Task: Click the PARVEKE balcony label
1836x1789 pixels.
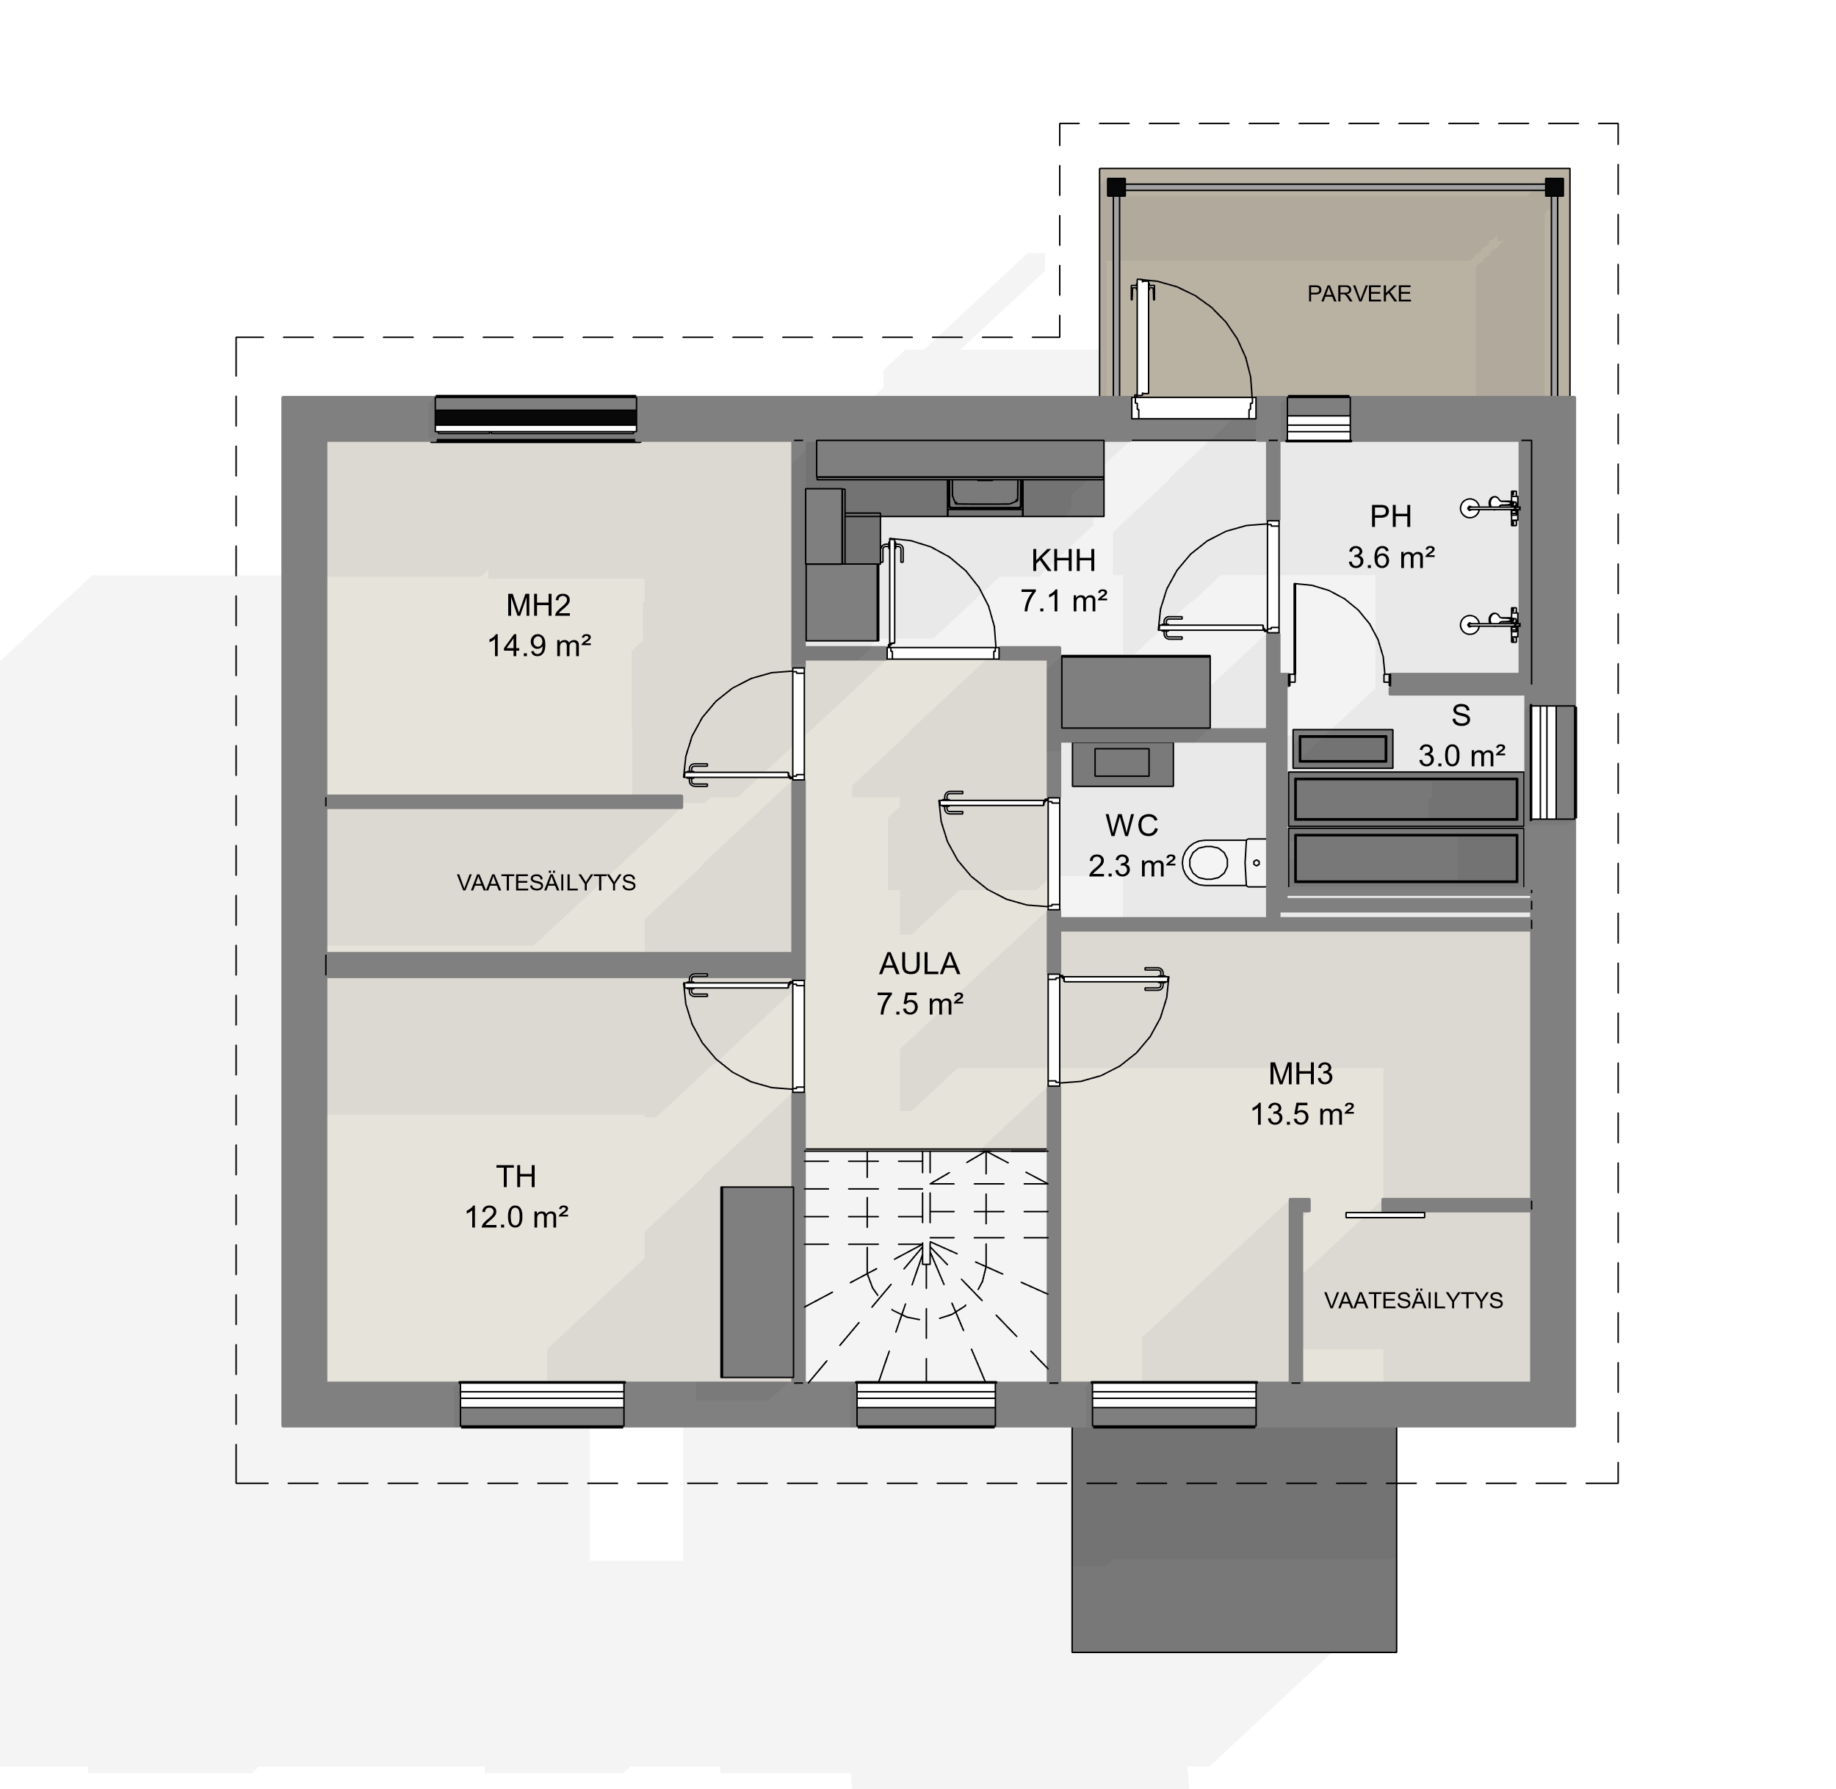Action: [x=1359, y=294]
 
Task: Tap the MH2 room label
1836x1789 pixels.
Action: [x=538, y=605]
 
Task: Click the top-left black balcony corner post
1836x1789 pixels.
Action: [x=1116, y=187]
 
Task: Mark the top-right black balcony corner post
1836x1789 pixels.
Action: [x=1554, y=187]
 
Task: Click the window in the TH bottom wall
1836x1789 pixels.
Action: [x=542, y=1405]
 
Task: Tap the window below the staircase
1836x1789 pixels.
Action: [x=925, y=1405]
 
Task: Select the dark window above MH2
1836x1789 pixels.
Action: [x=535, y=417]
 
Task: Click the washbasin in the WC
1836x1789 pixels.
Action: [x=1122, y=763]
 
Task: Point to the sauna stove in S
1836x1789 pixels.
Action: [x=1342, y=749]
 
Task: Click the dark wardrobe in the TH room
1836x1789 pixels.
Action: [x=757, y=1282]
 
